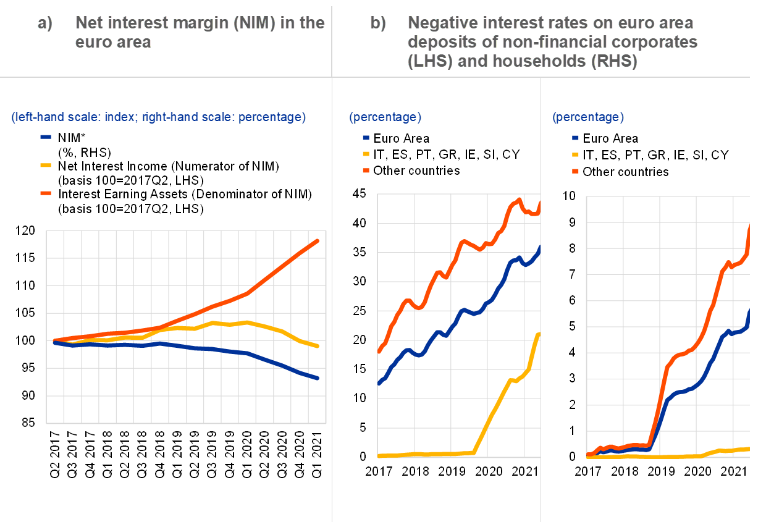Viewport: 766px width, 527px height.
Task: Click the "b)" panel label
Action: (377, 23)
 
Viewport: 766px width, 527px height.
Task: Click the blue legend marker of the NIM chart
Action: (46, 137)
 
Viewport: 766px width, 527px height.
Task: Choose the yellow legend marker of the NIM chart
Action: (46, 165)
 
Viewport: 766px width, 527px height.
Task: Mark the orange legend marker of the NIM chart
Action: (46, 193)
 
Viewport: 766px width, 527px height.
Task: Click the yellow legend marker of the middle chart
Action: (366, 154)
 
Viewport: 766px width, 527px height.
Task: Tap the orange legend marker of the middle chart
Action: (366, 170)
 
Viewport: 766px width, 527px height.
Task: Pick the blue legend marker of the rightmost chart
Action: (575, 138)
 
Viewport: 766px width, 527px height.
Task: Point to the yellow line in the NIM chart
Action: (247, 322)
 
